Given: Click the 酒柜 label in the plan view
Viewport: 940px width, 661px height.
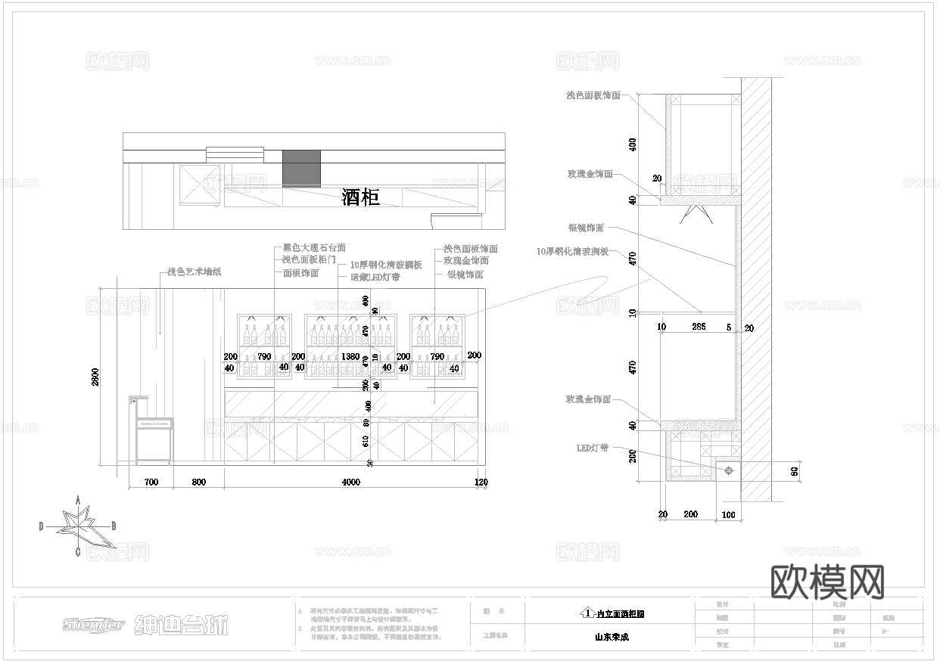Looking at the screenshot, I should (360, 198).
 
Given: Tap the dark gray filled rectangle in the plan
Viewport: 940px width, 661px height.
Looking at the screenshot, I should (301, 167).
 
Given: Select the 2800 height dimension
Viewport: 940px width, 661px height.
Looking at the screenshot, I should (95, 377).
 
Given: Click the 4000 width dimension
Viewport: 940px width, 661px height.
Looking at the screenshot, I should (350, 482).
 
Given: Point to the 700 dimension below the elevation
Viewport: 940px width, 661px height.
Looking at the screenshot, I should (151, 482).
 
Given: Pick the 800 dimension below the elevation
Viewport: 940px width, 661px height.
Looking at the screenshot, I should (198, 482).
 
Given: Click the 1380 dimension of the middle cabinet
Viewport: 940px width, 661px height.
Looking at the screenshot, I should (350, 356).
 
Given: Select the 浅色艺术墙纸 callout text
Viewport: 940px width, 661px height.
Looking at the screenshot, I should (194, 272).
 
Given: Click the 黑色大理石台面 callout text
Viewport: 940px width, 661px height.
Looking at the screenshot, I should (314, 247).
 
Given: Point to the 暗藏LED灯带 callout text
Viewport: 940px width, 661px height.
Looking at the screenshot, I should (375, 278).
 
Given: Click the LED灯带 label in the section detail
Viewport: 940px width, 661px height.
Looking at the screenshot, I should (593, 448).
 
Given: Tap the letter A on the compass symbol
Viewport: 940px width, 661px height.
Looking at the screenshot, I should (78, 500).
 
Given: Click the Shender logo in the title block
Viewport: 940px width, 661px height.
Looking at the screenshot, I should (93, 625).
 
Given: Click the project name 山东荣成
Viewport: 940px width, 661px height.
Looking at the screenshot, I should (612, 637).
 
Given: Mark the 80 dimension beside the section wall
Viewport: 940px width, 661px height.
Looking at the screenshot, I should (794, 470).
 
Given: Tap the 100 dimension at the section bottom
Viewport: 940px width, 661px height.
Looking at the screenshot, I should (727, 515).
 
